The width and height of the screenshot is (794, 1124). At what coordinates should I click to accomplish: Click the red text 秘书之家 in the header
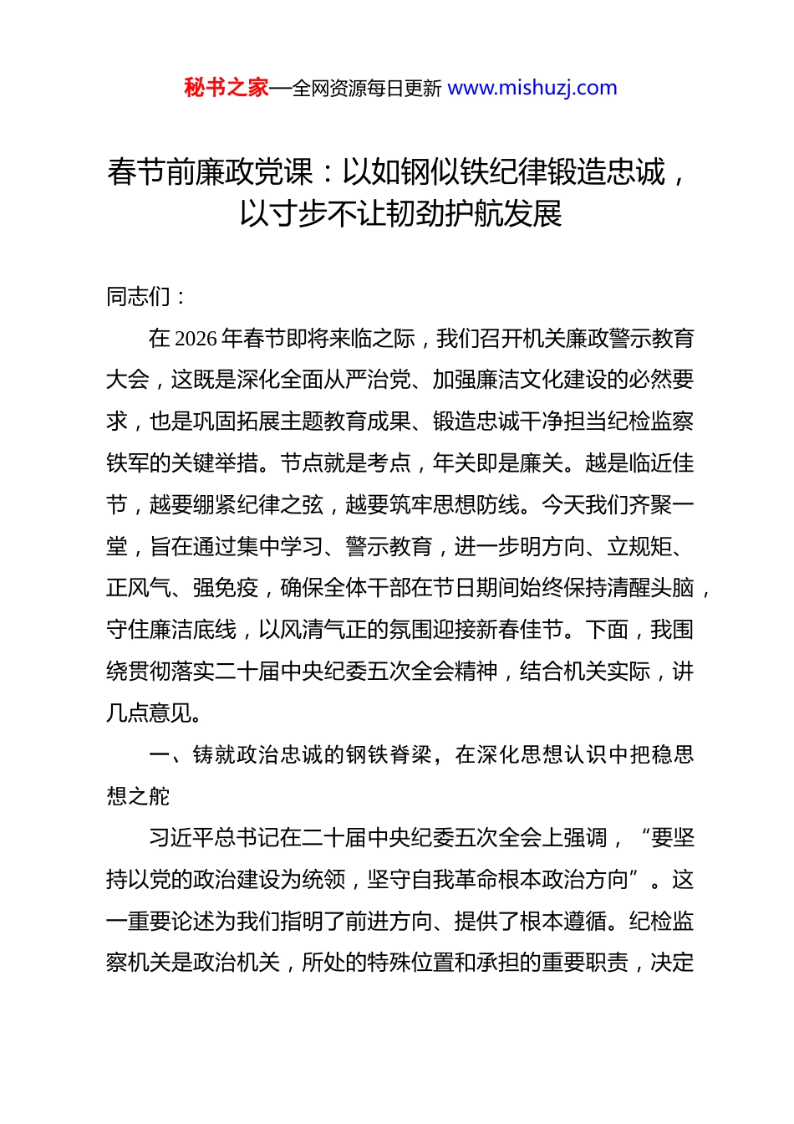(x=226, y=88)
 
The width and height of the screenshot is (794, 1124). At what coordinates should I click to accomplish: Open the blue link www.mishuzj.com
(x=532, y=88)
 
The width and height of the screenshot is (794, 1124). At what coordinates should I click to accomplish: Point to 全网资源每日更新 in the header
(x=367, y=89)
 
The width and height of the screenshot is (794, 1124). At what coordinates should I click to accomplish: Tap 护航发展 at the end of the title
(x=522, y=214)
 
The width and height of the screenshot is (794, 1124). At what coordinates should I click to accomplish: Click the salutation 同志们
(x=139, y=297)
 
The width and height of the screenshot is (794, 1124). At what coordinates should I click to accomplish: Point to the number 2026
(x=196, y=339)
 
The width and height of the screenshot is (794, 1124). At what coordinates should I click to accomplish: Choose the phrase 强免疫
(x=226, y=588)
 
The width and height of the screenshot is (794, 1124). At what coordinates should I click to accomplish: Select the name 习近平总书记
(x=213, y=838)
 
